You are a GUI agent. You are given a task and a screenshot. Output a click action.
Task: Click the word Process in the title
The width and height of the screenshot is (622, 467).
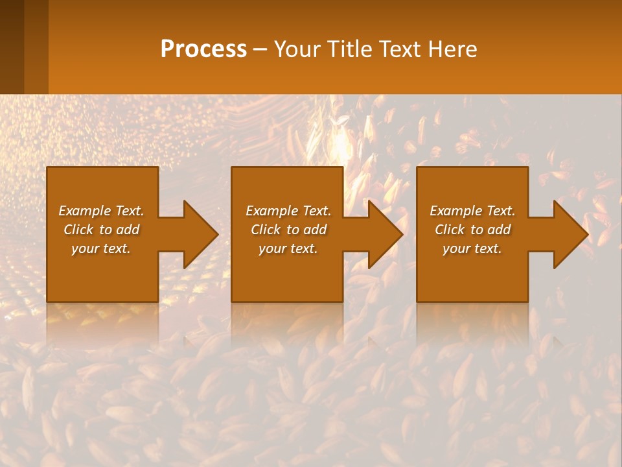coord(203,49)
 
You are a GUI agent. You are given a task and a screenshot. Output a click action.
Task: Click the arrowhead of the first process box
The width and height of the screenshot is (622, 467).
coord(200,234)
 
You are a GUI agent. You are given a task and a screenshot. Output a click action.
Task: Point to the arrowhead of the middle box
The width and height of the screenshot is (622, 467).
coord(385,234)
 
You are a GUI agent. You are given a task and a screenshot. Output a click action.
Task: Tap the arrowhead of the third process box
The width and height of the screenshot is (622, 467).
coord(570,234)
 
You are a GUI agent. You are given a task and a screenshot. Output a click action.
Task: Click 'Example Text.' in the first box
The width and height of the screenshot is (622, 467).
coord(101,211)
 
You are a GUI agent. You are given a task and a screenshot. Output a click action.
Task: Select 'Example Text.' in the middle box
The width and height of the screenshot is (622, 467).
coord(288,211)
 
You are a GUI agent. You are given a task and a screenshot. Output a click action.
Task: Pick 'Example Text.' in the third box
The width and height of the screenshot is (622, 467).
coord(472,211)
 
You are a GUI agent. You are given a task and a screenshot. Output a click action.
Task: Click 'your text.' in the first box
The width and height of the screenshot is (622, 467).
coord(101,248)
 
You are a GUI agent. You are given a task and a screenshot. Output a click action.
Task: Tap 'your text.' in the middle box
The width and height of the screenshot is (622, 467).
coord(288,248)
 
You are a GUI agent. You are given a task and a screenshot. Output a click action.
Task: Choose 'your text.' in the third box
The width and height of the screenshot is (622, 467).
coord(472,248)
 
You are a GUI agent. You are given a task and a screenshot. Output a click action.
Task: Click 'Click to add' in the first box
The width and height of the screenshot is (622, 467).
coord(101,230)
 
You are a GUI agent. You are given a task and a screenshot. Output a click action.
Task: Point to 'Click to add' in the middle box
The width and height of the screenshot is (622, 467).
coord(288,230)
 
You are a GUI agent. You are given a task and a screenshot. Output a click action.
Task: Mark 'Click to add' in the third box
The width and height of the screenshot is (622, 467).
coord(472,230)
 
